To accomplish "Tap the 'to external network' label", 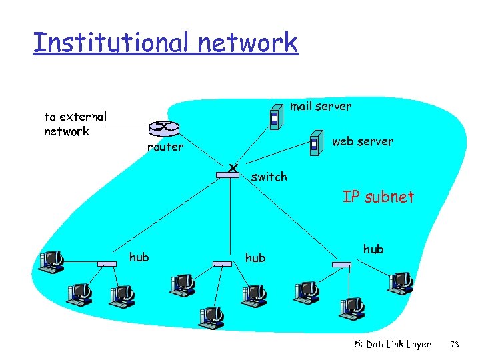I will [75, 124].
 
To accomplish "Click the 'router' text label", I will [165, 147].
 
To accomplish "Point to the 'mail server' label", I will [320, 106].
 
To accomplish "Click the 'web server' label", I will [362, 141].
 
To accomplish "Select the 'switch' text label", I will [269, 177].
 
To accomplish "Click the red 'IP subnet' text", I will [378, 197].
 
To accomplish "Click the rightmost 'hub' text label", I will [373, 249].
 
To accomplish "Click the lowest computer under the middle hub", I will [211, 317].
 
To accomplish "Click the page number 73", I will [455, 345].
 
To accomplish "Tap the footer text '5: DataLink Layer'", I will [392, 345].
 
